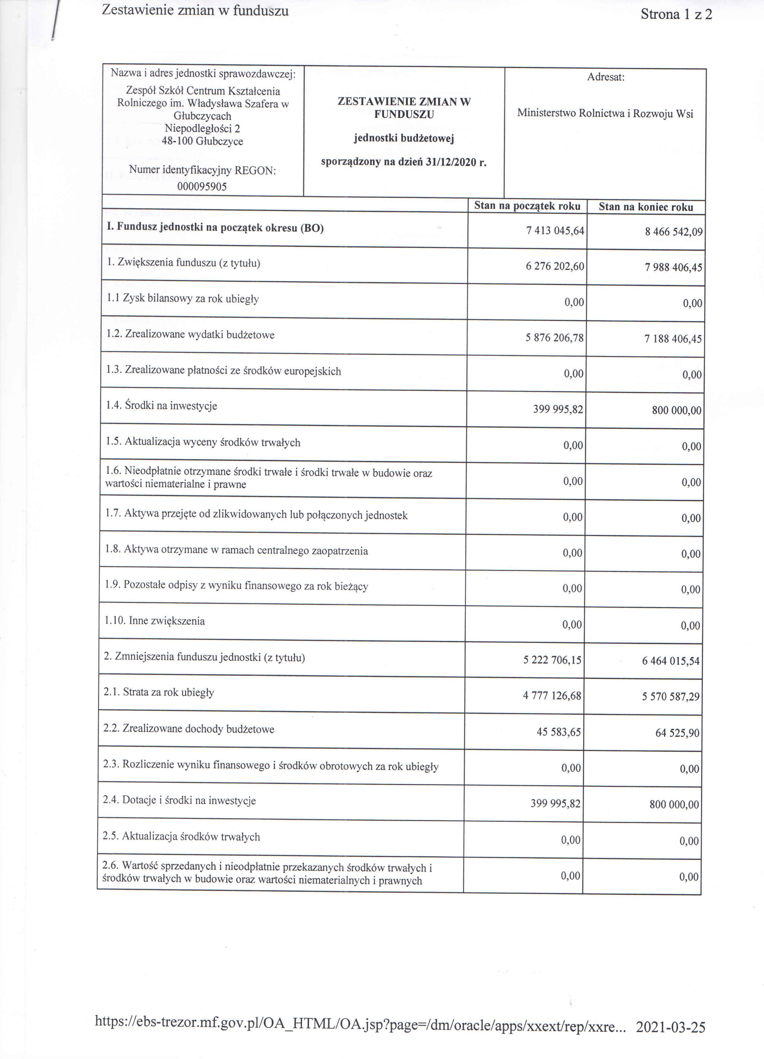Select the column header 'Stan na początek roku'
point(527,206)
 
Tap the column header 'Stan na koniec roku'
point(646,207)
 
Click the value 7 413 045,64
point(555,231)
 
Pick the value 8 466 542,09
point(673,232)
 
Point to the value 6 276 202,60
point(555,266)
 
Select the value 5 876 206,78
point(554,338)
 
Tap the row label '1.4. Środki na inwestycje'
point(162,406)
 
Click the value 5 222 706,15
point(552,660)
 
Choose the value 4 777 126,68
point(552,696)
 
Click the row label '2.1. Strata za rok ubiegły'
point(159,692)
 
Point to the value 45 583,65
point(558,732)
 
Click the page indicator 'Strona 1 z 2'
point(676,15)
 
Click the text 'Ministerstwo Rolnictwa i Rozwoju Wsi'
point(605,113)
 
